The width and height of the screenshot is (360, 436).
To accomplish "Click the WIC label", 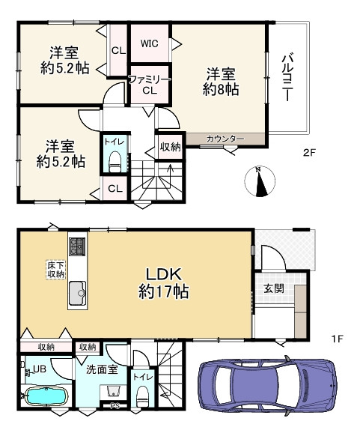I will (149, 43).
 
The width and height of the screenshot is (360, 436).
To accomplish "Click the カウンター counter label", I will (225, 139).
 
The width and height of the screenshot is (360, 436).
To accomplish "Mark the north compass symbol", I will (258, 182).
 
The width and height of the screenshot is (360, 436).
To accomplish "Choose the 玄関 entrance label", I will (272, 288).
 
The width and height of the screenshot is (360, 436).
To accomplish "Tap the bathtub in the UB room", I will (44, 396).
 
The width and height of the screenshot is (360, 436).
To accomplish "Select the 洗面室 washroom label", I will (102, 369).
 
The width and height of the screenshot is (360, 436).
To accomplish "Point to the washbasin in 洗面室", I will (112, 394).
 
